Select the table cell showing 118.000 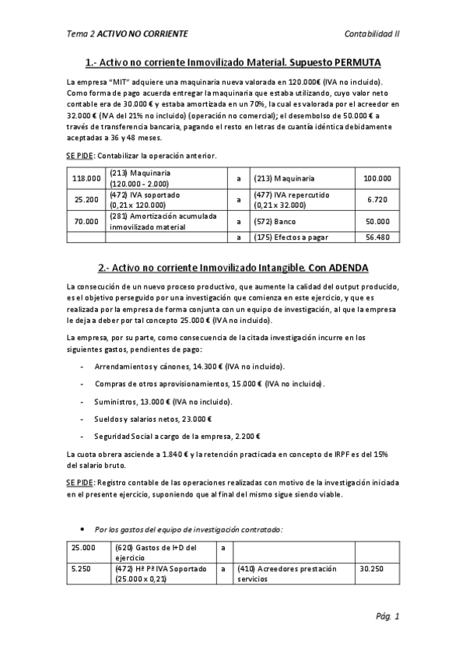click(x=86, y=178)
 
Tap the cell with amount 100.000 click(x=377, y=178)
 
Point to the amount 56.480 click(x=377, y=237)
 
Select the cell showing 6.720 click(x=377, y=199)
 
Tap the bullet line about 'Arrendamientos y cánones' click(x=189, y=366)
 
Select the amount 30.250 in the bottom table click(x=371, y=569)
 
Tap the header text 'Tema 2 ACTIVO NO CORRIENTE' click(x=128, y=35)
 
